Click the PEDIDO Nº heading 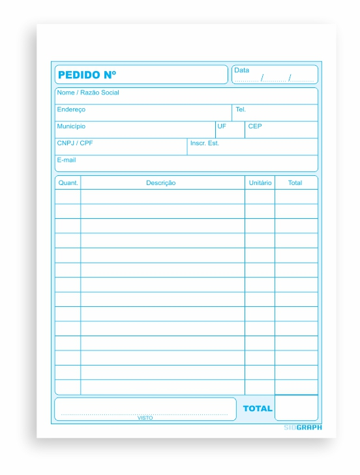[x=87, y=75]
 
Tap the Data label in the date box [x=241, y=70]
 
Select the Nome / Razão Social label [x=88, y=93]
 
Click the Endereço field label [x=71, y=109]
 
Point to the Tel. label [x=241, y=109]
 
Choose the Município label [x=71, y=126]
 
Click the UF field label [x=222, y=126]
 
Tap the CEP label [x=255, y=126]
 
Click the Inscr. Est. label [x=204, y=143]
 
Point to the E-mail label [x=67, y=160]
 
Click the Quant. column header [x=68, y=183]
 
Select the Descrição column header [x=161, y=183]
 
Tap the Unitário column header [x=260, y=183]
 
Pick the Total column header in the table [x=295, y=183]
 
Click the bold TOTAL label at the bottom [x=258, y=409]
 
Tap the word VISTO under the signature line [x=145, y=418]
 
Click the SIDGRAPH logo [x=303, y=427]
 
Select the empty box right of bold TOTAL [x=296, y=408]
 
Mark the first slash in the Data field [x=262, y=78]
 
